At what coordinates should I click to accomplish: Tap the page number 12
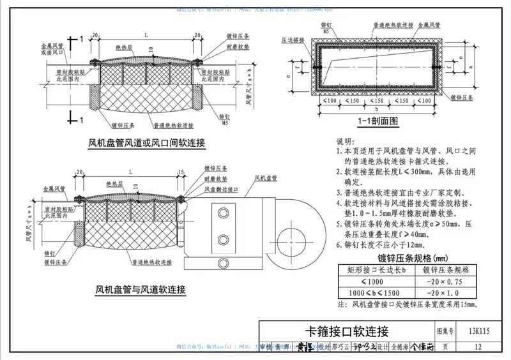click(478, 347)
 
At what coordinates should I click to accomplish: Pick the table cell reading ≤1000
click(372, 281)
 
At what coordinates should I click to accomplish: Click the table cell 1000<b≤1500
click(372, 292)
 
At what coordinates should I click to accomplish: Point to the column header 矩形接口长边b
click(372, 269)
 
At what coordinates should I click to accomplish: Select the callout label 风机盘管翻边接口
click(224, 190)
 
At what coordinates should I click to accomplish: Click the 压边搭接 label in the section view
click(292, 40)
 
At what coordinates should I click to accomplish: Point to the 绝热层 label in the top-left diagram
click(124, 47)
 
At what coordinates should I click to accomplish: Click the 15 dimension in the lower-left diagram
click(182, 172)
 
